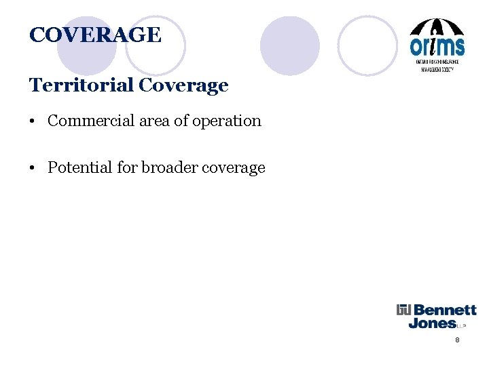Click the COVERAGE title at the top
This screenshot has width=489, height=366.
point(95,35)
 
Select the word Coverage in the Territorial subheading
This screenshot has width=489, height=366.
point(183,86)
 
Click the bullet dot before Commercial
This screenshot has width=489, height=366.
point(33,122)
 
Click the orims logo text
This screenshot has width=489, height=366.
point(437,46)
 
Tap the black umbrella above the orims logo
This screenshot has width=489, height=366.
point(437,27)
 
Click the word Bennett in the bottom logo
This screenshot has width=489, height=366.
point(445,310)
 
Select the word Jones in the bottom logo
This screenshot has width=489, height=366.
point(432,323)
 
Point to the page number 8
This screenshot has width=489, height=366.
point(457,340)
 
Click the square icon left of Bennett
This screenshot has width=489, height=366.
point(404,310)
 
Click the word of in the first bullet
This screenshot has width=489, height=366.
point(183,121)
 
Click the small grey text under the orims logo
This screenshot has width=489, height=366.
point(437,65)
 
